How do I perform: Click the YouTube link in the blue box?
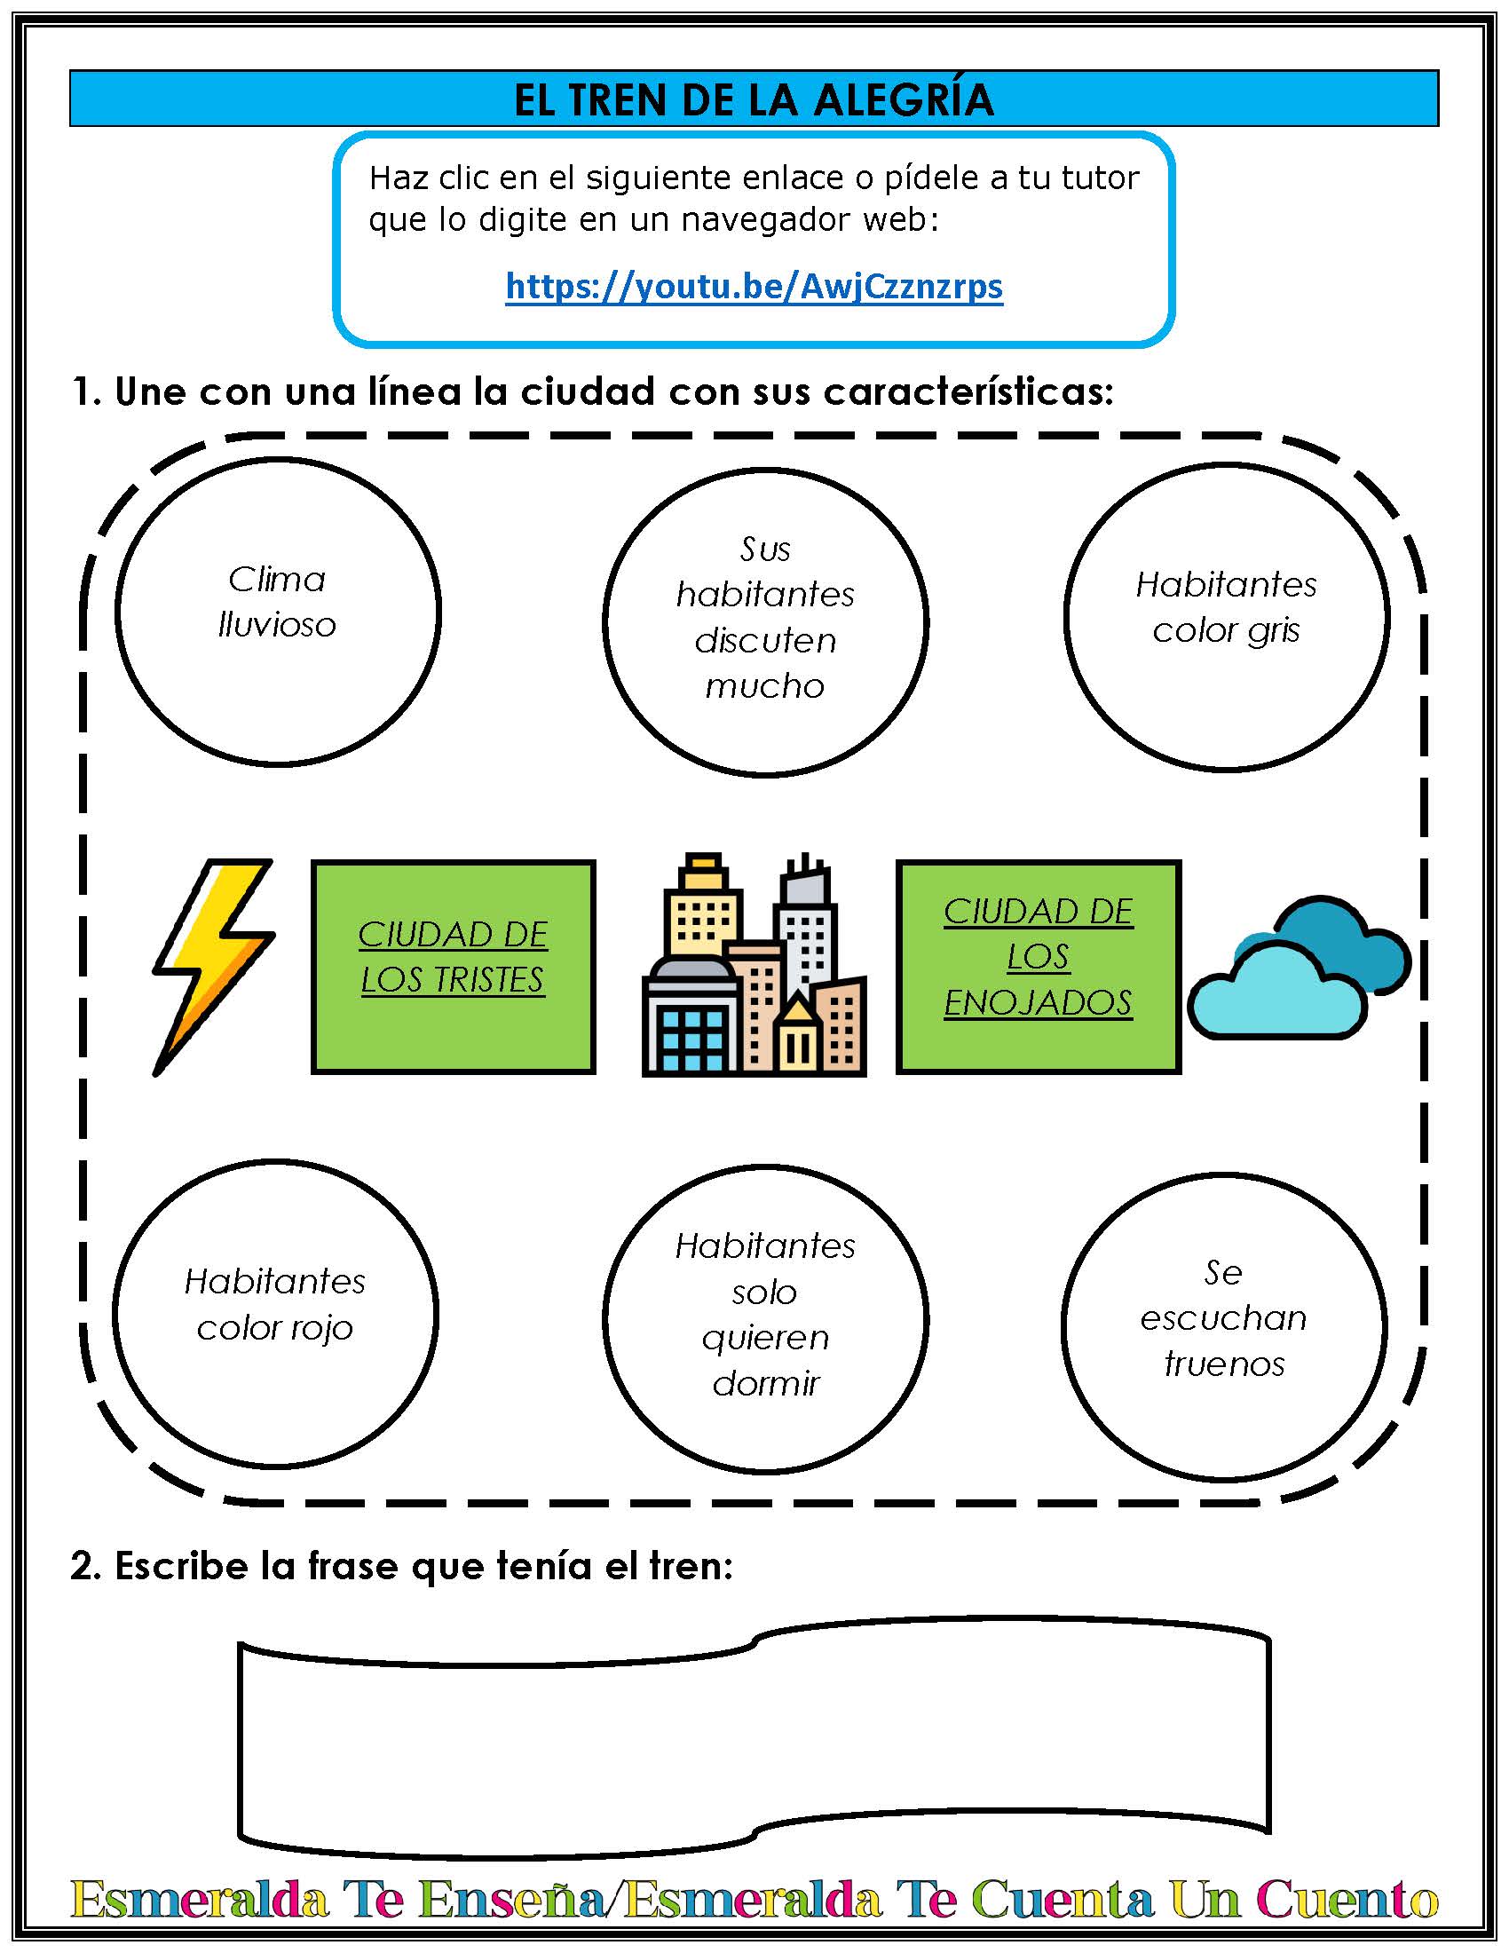pyautogui.click(x=754, y=287)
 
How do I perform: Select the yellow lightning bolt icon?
pyautogui.click(x=213, y=967)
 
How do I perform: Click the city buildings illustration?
pyautogui.click(x=754, y=964)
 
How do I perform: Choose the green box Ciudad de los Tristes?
pyautogui.click(x=454, y=967)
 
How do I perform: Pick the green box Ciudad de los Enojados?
pyautogui.click(x=1038, y=967)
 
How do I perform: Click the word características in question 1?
pyautogui.click(x=969, y=391)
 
